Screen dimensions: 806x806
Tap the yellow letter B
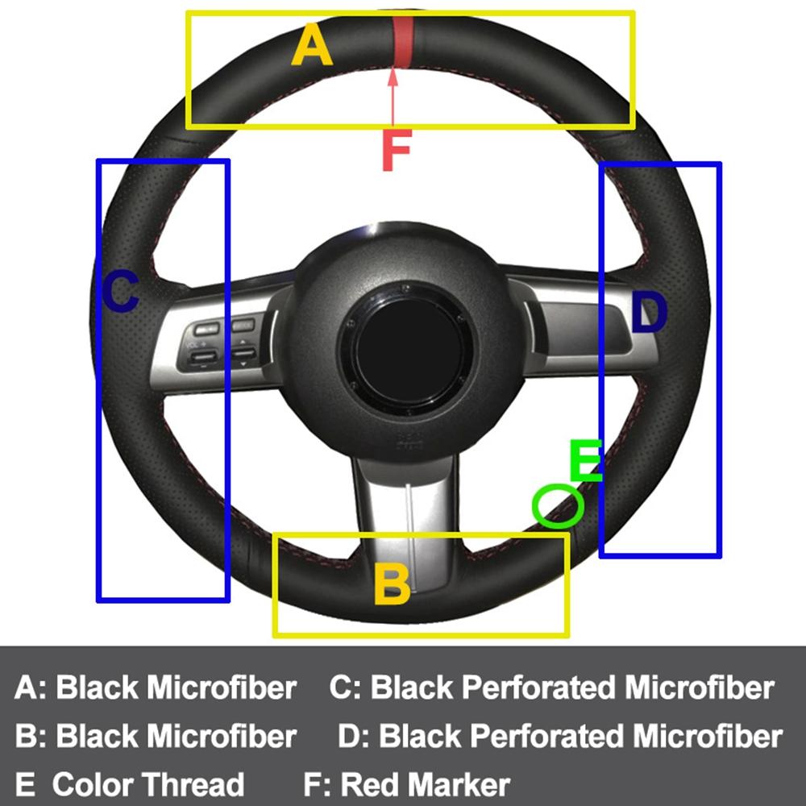393,584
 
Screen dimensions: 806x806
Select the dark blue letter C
120,291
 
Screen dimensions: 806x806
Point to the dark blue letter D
648,314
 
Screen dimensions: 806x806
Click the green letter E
585,461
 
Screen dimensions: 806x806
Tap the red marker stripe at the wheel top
402,40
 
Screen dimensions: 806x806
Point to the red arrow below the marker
393,97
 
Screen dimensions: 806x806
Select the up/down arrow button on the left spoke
243,353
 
